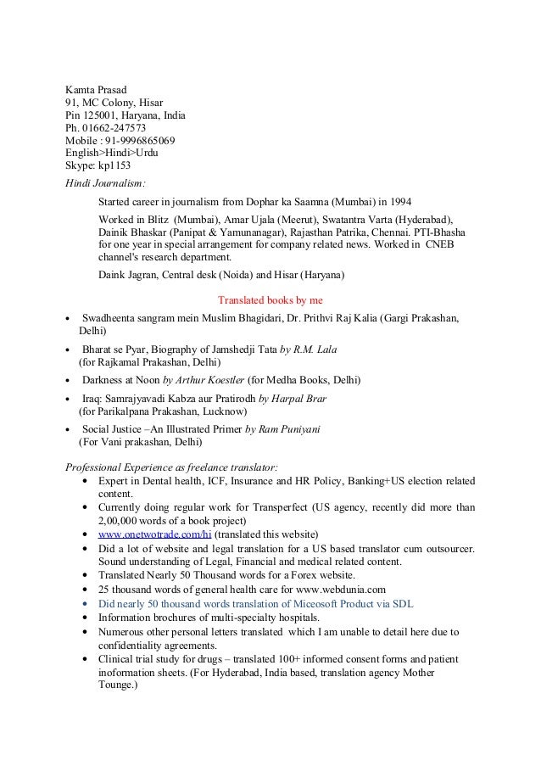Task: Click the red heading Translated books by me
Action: pyautogui.click(x=270, y=299)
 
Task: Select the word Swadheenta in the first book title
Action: pyautogui.click(x=112, y=317)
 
